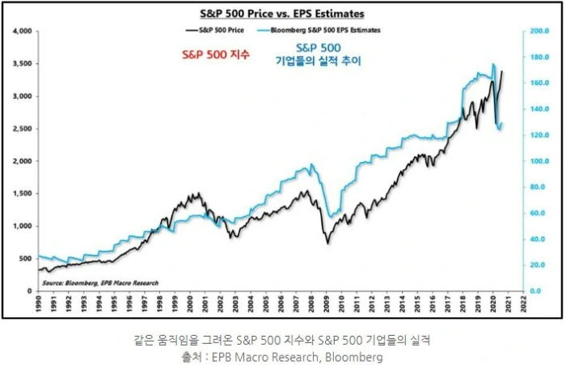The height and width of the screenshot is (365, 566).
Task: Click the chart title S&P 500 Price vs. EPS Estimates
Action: tap(282, 14)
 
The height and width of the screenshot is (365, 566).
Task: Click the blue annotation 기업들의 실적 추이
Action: tap(317, 61)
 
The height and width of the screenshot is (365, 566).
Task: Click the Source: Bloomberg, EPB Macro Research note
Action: tap(99, 282)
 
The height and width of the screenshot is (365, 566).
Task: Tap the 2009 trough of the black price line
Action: tap(327, 242)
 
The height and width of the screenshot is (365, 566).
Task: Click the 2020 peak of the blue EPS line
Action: tap(493, 64)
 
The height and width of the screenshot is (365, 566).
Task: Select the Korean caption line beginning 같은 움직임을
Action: tap(282, 339)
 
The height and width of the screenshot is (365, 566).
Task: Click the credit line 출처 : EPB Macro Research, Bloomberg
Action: tap(282, 355)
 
